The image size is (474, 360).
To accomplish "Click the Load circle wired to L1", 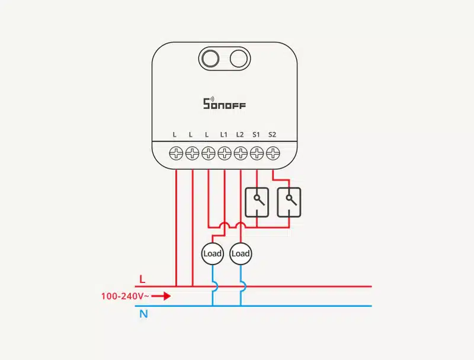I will pos(212,253).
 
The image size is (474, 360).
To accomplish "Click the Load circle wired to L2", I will pos(241,253).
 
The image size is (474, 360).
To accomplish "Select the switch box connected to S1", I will pos(257,202).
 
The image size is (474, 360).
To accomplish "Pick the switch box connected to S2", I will pos(289,202).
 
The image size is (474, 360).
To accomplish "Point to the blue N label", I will pos(143,314).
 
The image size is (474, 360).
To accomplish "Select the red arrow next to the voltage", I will pos(163,295).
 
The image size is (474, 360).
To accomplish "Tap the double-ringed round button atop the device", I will pos(209,58).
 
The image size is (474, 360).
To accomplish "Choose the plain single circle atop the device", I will pos(238,58).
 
